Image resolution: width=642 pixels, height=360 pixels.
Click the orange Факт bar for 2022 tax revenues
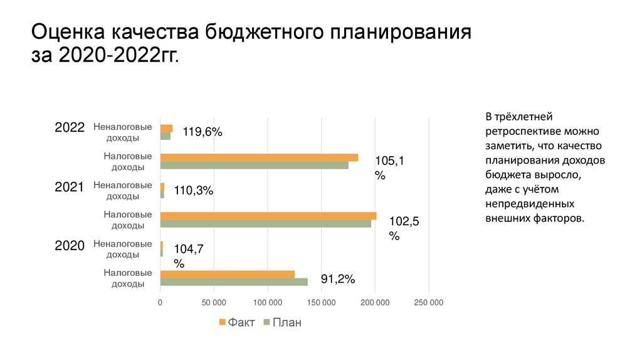pyautogui.click(x=259, y=157)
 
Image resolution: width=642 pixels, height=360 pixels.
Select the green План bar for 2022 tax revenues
pyautogui.click(x=254, y=166)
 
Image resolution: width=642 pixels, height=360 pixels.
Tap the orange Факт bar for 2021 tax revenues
pyautogui.click(x=268, y=216)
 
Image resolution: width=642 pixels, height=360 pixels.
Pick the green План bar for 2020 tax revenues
pyautogui.click(x=234, y=282)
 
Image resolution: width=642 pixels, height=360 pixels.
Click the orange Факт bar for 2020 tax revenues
pyautogui.click(x=227, y=274)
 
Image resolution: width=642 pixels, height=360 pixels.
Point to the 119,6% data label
pyautogui.click(x=203, y=132)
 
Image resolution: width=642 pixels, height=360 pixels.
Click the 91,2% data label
pyautogui.click(x=339, y=279)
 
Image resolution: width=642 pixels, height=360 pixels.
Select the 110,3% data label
pyautogui.click(x=193, y=191)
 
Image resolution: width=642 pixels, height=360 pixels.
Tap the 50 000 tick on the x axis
pyautogui.click(x=214, y=302)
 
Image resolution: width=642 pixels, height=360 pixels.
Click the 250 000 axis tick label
pyautogui.click(x=429, y=302)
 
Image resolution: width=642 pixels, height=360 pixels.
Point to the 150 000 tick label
pyautogui.click(x=321, y=302)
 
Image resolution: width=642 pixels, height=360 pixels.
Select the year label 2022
pyautogui.click(x=70, y=127)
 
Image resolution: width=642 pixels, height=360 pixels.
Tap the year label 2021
pyautogui.click(x=70, y=186)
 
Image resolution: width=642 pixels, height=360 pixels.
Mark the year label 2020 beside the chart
pyautogui.click(x=70, y=246)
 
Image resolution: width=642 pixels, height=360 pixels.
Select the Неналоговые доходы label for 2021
pyautogui.click(x=123, y=191)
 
